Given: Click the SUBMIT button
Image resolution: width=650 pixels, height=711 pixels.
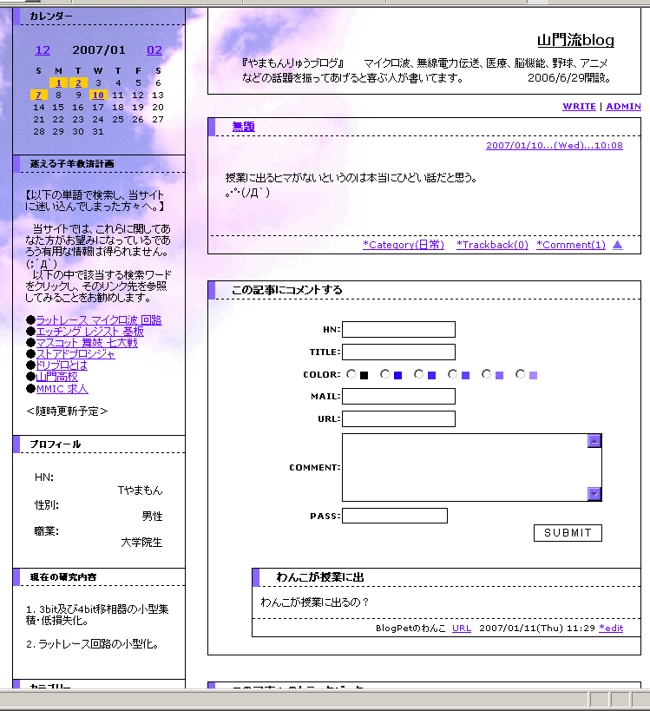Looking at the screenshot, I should click(x=568, y=533).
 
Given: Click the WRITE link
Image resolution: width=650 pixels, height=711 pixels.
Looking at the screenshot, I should click(x=579, y=106).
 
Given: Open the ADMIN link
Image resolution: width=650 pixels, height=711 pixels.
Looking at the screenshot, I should click(x=623, y=106).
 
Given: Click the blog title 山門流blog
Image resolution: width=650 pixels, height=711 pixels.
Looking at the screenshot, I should click(x=575, y=40).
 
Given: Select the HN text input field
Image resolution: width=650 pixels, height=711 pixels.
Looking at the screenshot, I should click(x=398, y=330).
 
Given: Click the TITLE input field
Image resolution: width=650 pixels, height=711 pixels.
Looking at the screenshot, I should click(x=398, y=352).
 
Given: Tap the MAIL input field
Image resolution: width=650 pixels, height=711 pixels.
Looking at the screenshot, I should click(x=398, y=397).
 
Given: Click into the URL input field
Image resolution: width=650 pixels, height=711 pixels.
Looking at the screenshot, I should click(x=398, y=419).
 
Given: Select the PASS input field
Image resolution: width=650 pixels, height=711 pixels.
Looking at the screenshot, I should click(x=395, y=517).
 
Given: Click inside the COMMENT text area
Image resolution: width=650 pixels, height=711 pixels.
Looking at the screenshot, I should click(x=464, y=468).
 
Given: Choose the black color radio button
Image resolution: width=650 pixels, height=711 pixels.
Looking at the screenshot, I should click(x=351, y=375).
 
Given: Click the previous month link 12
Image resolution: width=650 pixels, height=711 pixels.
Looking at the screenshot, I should click(x=43, y=50).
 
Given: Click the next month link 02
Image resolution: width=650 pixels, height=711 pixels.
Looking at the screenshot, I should click(x=154, y=50).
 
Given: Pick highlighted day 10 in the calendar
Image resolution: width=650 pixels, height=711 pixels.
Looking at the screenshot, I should click(x=98, y=95).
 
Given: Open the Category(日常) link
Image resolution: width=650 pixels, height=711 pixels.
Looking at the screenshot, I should click(x=404, y=245).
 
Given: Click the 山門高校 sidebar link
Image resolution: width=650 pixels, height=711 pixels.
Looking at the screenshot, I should click(x=57, y=377).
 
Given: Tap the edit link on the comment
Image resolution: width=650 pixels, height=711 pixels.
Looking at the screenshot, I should click(x=611, y=628).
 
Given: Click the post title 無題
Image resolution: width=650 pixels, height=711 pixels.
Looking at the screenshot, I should click(x=243, y=127).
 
